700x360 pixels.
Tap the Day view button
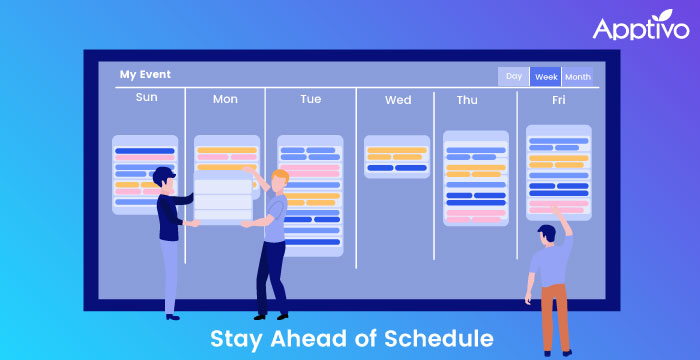[x=513, y=76]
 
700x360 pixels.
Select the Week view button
[x=546, y=76]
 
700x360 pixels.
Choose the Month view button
[x=577, y=76]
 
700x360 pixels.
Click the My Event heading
[x=145, y=74]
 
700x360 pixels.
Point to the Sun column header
[x=146, y=98]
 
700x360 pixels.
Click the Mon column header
[x=225, y=99]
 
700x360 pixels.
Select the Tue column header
[x=310, y=99]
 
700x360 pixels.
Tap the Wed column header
[x=397, y=99]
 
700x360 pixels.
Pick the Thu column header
[x=467, y=99]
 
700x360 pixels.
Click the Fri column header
[x=558, y=99]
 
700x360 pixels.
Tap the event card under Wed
[x=396, y=157]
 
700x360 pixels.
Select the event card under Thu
[x=475, y=178]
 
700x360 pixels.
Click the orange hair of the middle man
[x=280, y=177]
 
